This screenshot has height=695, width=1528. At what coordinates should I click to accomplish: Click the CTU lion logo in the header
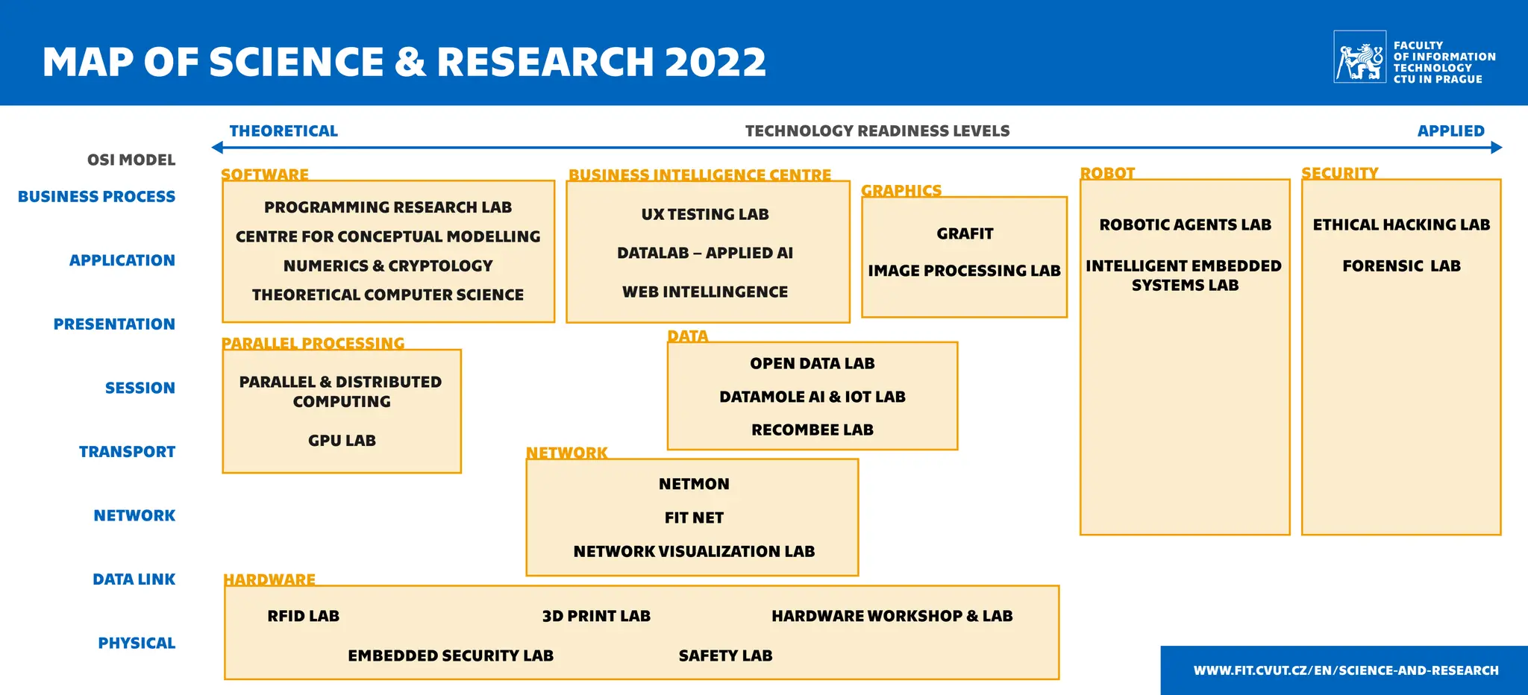[1359, 57]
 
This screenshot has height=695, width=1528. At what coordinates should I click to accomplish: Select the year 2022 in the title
[715, 62]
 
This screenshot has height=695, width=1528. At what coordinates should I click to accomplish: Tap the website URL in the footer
[1346, 670]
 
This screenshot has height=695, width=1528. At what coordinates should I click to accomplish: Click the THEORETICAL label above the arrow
[284, 131]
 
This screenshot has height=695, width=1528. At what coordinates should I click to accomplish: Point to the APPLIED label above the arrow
[1450, 131]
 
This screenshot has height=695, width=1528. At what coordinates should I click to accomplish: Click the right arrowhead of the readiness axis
[1496, 148]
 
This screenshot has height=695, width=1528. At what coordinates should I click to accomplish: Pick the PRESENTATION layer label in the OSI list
[114, 324]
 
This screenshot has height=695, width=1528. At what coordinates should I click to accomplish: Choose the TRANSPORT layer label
[127, 452]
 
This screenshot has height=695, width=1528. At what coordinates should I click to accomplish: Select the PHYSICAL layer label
[137, 643]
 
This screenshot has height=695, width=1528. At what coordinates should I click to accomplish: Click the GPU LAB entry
[342, 441]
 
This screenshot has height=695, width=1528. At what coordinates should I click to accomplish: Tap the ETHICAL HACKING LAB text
[1401, 224]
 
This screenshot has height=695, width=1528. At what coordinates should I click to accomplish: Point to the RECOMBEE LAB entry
[812, 430]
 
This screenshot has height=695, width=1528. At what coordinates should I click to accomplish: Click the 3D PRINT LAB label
[596, 616]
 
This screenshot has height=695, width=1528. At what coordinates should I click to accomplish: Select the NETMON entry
[694, 484]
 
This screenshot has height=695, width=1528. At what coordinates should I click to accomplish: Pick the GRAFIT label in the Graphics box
[965, 233]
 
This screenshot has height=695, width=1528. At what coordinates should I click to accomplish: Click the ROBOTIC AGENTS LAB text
[1185, 224]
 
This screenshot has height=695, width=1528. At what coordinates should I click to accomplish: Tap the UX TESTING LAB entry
[705, 214]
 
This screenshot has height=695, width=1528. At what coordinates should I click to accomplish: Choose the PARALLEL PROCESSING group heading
[313, 343]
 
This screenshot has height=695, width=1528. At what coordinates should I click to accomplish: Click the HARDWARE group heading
[269, 579]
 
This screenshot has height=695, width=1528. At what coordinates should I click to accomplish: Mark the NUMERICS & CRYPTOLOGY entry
[388, 265]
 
